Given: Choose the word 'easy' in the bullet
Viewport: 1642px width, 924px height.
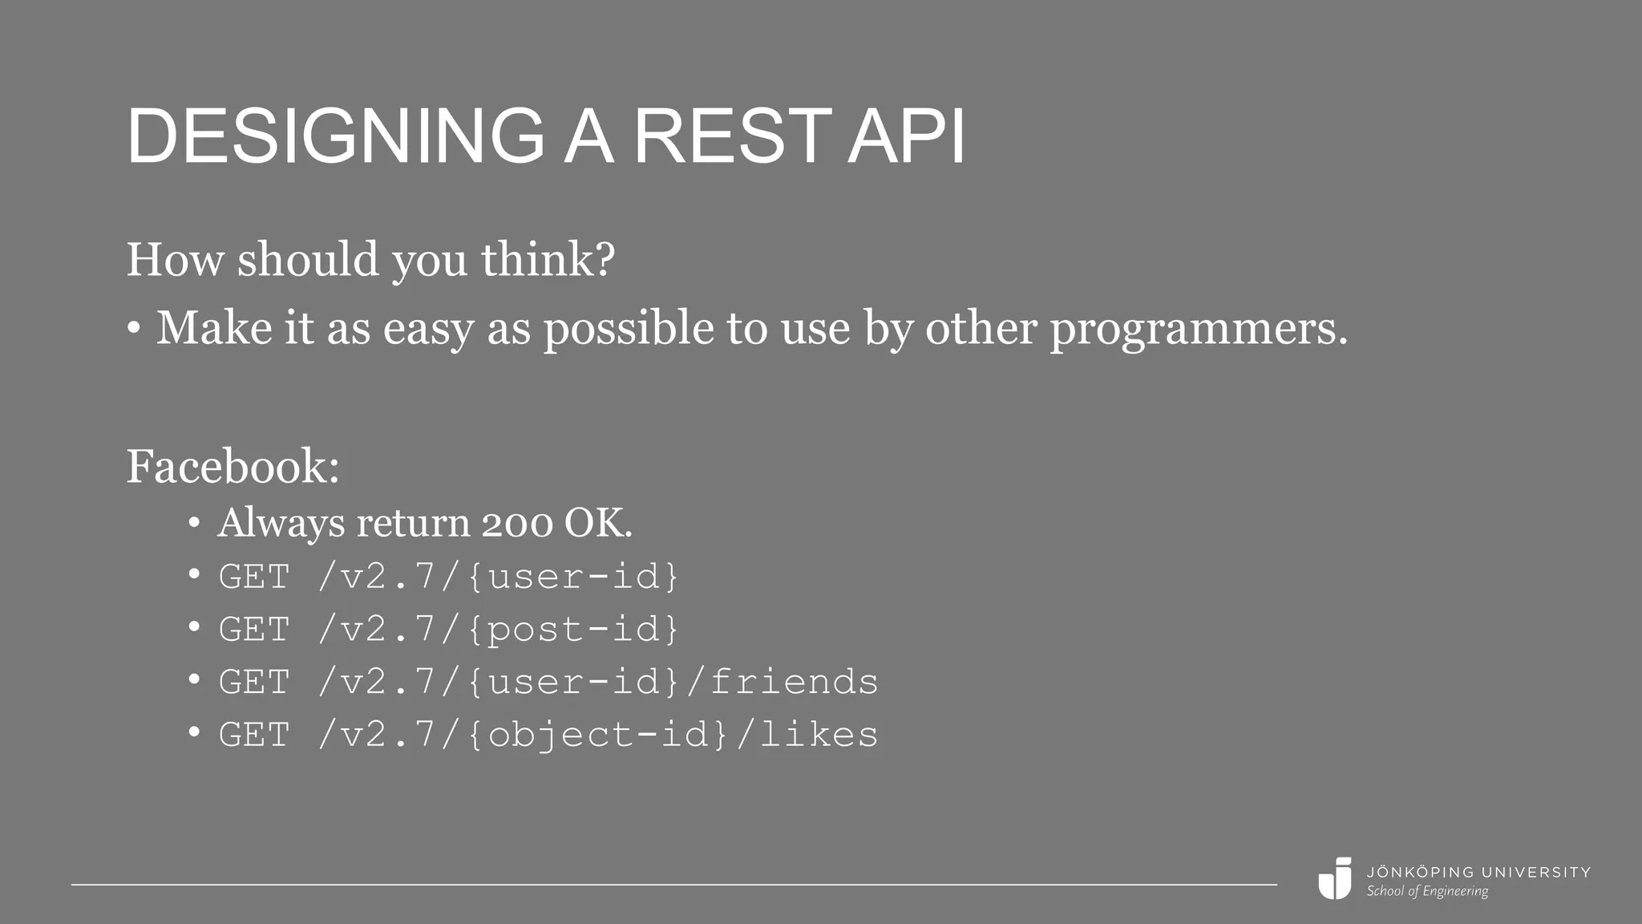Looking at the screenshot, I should [x=428, y=328].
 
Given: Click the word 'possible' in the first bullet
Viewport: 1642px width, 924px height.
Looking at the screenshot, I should [x=629, y=328].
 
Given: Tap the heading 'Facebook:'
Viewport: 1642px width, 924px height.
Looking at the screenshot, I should [x=233, y=466].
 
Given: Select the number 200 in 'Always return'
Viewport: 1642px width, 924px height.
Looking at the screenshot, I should [x=516, y=524].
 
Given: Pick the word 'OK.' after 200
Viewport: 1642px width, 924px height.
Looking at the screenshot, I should [x=598, y=524].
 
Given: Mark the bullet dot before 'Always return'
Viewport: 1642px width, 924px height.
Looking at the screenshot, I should [x=194, y=523].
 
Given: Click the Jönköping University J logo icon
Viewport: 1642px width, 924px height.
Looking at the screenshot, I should [x=1335, y=878].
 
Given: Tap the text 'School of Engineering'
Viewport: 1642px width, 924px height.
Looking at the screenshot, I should [x=1427, y=891].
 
